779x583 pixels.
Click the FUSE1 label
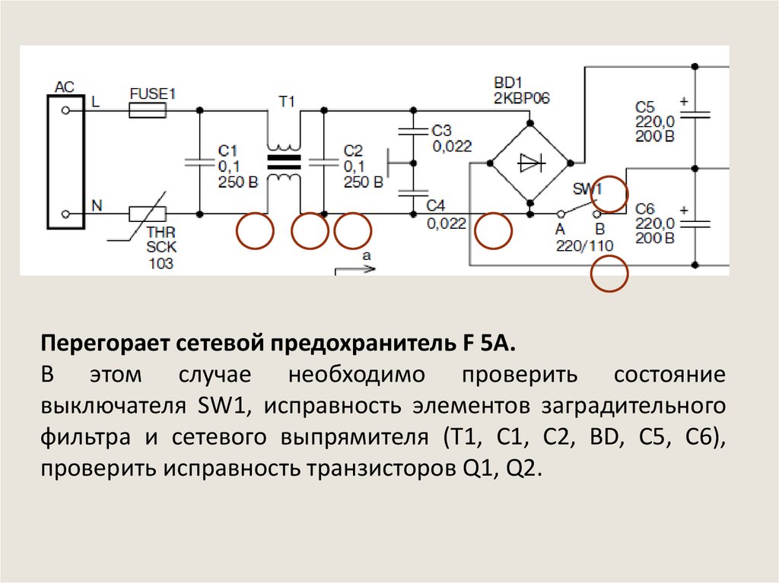pos(153,94)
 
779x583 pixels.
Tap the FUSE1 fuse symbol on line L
pos(148,111)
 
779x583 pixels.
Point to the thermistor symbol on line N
pos(148,214)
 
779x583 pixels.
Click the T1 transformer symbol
pos(284,161)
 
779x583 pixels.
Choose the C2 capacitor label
pos(353,151)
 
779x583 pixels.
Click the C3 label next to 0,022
pos(441,130)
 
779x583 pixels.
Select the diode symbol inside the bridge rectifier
pos(529,162)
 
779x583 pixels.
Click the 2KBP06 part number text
pos(522,98)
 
